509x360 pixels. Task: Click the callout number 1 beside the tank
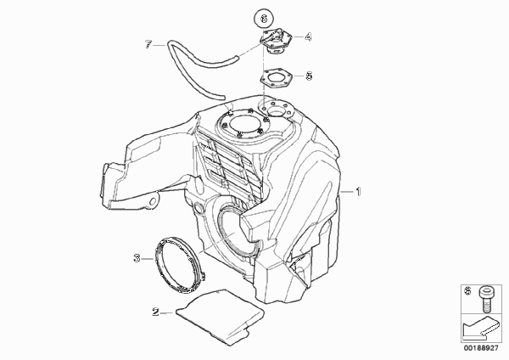pos(358,192)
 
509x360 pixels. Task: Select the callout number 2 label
pos(155,312)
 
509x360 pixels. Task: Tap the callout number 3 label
pos(137,259)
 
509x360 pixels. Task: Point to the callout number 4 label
pos(308,37)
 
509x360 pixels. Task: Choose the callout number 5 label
pos(309,76)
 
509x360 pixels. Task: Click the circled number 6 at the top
pos(264,19)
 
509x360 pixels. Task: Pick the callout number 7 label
pos(148,44)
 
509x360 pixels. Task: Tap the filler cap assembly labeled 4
pos(275,41)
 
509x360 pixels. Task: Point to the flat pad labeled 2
pos(221,317)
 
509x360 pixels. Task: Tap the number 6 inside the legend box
pos(467,291)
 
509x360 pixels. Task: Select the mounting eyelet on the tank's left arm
pos(153,201)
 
